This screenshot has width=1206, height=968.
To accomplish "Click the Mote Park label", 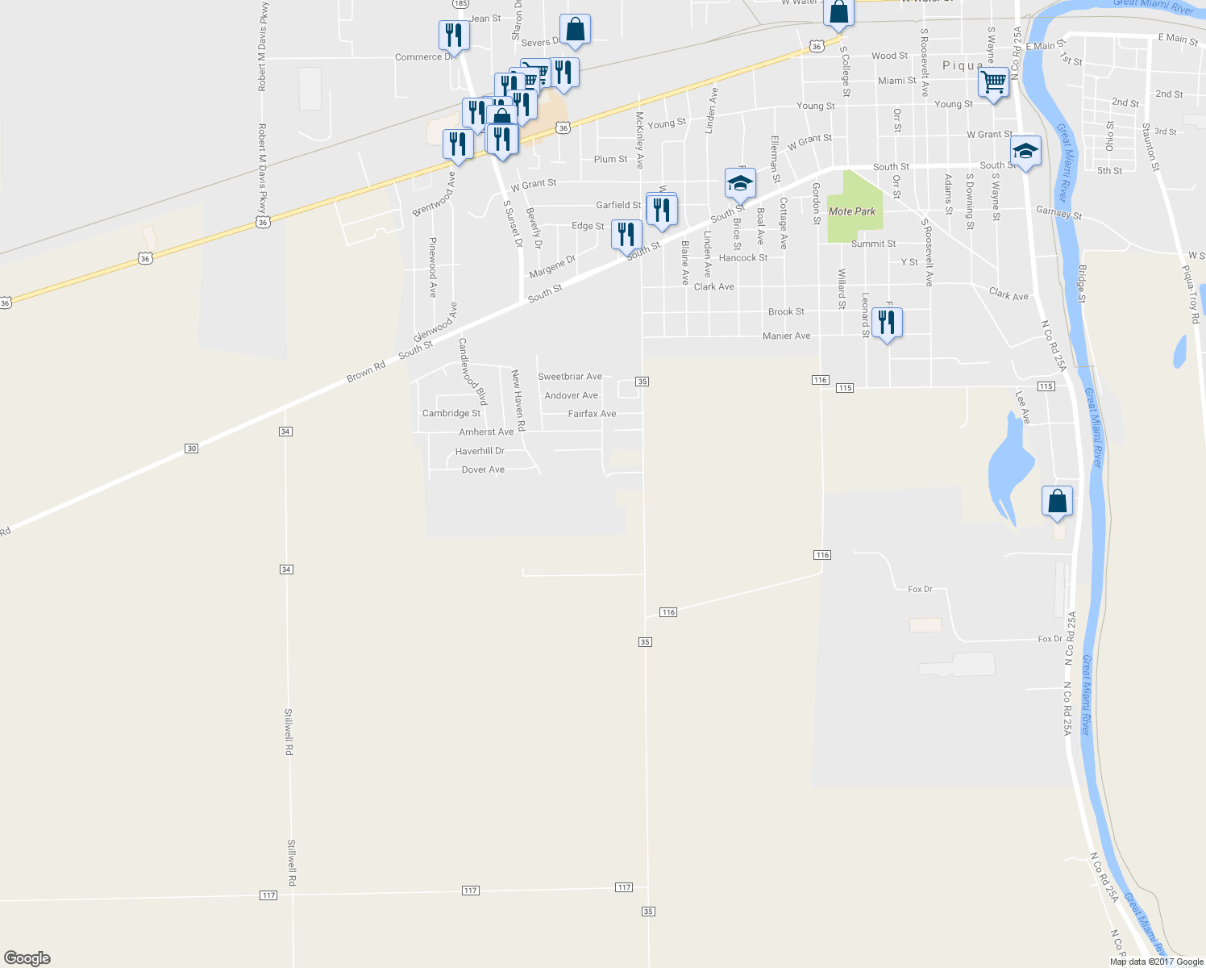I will (x=852, y=211).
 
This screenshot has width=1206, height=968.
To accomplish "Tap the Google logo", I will (x=27, y=958).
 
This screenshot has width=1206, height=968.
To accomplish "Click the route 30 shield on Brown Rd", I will (x=191, y=449).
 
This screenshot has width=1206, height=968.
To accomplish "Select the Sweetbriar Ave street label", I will (x=570, y=377).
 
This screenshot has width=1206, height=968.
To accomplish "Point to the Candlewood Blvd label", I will (x=472, y=371).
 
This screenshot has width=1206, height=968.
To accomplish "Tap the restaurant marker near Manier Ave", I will (x=887, y=323).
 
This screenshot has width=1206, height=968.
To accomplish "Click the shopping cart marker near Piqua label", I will (x=993, y=82).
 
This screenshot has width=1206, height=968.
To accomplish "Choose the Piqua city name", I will (x=963, y=65).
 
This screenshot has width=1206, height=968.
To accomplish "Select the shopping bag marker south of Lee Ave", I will (x=1057, y=502).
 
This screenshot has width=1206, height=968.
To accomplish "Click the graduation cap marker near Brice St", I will (x=739, y=183).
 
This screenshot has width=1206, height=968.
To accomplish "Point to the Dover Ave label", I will (x=483, y=469).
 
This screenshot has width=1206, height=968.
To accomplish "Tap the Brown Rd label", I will (x=366, y=372).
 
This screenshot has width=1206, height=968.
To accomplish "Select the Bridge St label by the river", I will (x=1082, y=284).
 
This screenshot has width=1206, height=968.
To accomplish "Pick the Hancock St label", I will (x=742, y=258).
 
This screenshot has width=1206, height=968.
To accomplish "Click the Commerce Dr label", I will (x=423, y=57).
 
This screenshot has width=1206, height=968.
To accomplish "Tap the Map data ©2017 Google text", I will (x=1156, y=962).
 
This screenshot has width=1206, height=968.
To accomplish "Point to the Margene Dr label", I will (x=552, y=266).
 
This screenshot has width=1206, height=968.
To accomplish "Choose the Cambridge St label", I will (x=451, y=413).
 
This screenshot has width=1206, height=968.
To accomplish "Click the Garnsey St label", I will (x=1058, y=214).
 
